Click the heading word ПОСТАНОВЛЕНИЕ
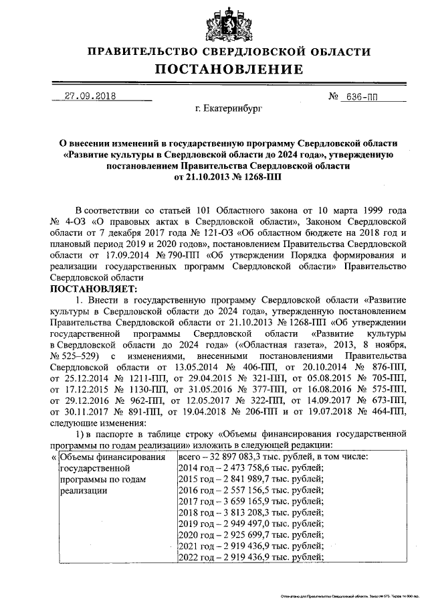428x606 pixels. pos(229,70)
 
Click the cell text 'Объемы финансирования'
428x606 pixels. pos(112,456)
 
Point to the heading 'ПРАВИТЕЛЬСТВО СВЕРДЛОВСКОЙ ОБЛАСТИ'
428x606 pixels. pos(229,52)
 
